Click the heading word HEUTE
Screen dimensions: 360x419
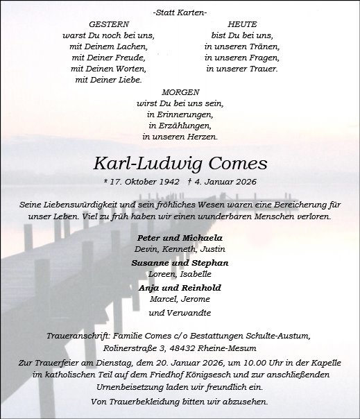point(241,24)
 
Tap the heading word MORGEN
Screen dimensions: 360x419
point(180,92)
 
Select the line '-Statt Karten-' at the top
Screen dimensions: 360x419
point(179,12)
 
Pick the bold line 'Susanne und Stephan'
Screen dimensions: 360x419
point(180,263)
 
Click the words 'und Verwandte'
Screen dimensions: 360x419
point(180,313)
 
